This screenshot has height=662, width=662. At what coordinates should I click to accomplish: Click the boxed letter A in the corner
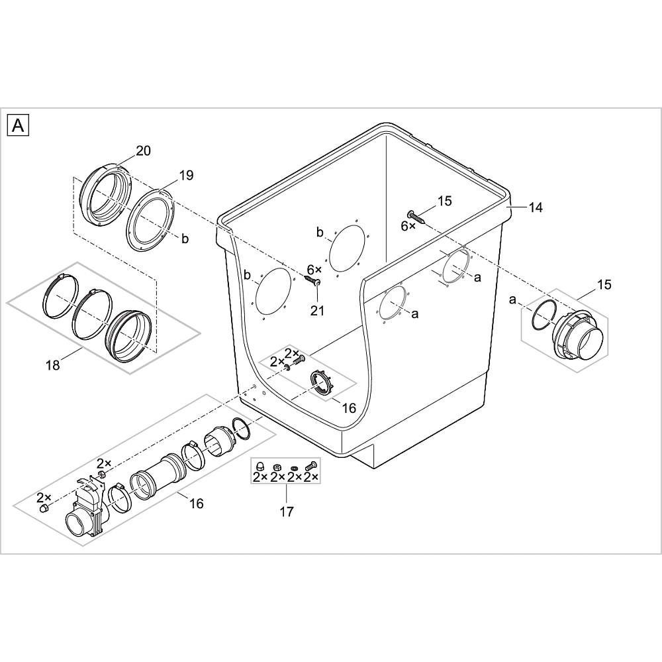(18, 125)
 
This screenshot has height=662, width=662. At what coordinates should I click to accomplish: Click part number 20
(143, 150)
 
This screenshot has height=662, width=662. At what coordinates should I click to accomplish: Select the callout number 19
(186, 175)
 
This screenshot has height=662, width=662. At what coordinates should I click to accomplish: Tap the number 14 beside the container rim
(535, 207)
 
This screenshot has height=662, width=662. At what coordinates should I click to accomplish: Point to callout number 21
(317, 311)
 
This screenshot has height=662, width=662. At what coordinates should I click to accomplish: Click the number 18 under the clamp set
(53, 365)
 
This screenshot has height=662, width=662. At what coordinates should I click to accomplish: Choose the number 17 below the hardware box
(286, 512)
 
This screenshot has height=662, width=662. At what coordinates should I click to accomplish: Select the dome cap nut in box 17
(260, 467)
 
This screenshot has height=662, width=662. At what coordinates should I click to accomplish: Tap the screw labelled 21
(312, 280)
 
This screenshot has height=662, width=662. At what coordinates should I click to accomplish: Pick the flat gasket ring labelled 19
(151, 220)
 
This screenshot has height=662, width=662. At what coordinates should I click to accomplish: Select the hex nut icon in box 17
(277, 467)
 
